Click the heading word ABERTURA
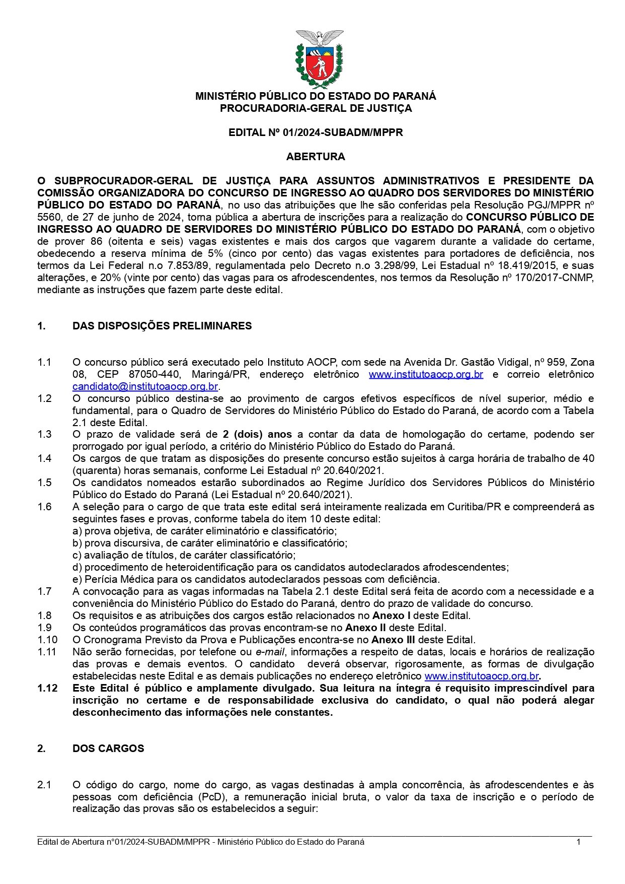[316, 157]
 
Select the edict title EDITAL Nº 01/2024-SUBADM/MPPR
[316, 132]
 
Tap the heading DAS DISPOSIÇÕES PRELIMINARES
[162, 326]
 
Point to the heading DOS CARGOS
[108, 749]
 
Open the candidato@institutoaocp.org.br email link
[145, 386]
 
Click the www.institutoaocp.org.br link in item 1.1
[426, 374]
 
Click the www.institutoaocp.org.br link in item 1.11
[482, 676]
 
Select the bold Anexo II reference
[366, 628]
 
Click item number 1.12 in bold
[47, 688]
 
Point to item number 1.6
[44, 507]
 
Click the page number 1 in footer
[579, 842]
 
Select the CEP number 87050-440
[150, 374]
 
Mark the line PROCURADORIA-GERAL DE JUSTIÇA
[316, 108]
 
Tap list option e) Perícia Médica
[256, 579]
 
